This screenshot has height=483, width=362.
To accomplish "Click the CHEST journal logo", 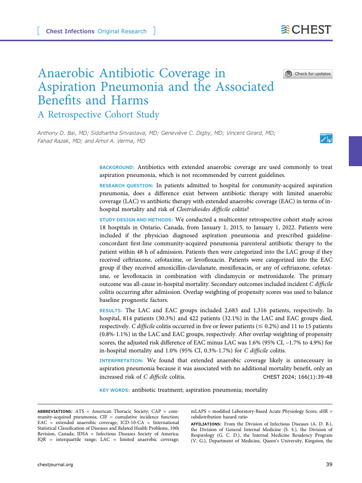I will tap(307, 30).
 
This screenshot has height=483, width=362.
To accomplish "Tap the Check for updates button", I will tap(308, 74).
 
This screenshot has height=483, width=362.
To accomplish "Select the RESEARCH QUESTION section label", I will tap(126, 185).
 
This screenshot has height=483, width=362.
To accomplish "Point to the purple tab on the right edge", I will tap(355, 151).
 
